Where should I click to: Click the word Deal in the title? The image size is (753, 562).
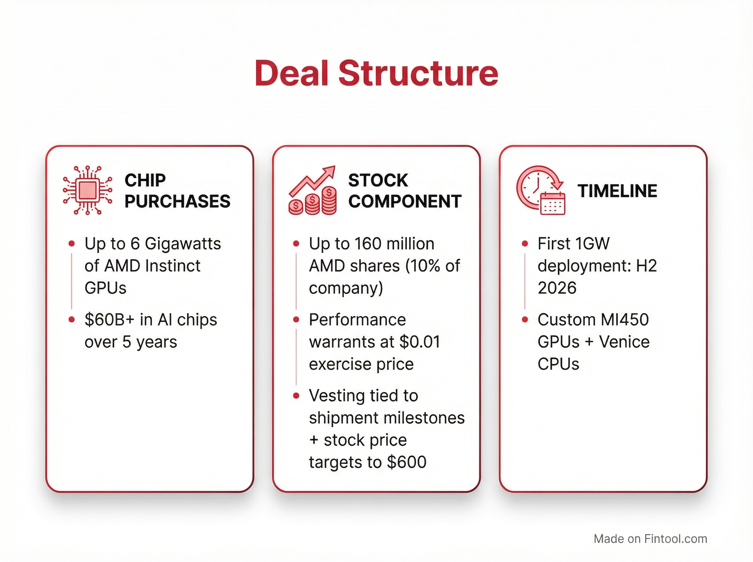click(291, 73)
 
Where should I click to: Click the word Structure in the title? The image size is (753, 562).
click(418, 73)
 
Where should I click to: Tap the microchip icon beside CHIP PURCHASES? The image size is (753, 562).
click(88, 190)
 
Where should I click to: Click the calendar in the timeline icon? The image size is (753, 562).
click(553, 204)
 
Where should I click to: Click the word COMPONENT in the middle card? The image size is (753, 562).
click(404, 201)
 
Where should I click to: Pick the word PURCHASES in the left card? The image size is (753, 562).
click(177, 201)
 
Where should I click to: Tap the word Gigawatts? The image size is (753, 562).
click(183, 244)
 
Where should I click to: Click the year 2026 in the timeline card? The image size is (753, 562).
click(557, 288)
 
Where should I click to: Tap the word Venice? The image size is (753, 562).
click(624, 342)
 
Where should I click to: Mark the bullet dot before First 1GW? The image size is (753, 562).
click(525, 244)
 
